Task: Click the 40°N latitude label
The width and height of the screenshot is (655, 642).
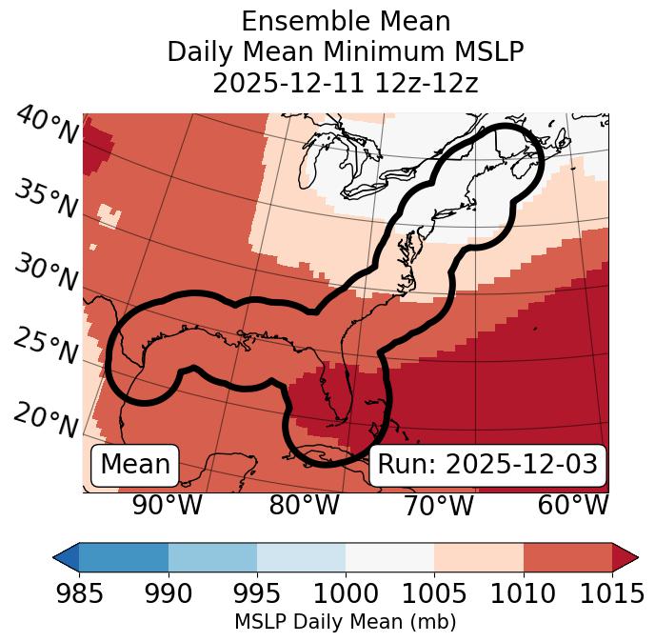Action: tap(47, 127)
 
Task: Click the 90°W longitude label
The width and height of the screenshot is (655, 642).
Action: tap(167, 506)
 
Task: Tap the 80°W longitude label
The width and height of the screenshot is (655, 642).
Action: tap(304, 506)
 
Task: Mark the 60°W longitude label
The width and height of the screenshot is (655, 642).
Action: tap(573, 506)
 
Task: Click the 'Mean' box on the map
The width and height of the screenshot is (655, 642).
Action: tap(135, 465)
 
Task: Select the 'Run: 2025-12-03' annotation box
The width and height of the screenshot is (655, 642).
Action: tap(487, 465)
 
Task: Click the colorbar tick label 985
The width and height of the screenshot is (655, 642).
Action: tap(79, 593)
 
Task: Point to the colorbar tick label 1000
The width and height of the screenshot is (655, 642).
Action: tap(346, 593)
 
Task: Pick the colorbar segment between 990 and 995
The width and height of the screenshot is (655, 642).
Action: tap(212, 556)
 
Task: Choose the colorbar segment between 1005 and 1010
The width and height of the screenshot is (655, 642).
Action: tap(479, 556)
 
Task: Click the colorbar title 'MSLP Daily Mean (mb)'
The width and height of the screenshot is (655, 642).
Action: tap(346, 622)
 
